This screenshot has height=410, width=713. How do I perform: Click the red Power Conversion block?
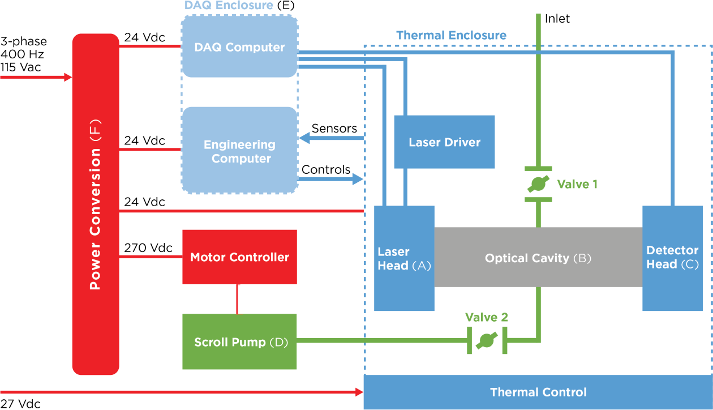pyautogui.click(x=96, y=204)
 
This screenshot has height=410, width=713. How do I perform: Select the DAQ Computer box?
pyautogui.click(x=239, y=48)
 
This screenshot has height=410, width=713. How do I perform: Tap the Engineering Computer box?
pyautogui.click(x=239, y=151)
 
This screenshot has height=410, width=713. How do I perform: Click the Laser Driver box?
pyautogui.click(x=444, y=142)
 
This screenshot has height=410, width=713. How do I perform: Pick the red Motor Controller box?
pyautogui.click(x=239, y=257)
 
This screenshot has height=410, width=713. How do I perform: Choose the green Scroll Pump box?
pyautogui.click(x=239, y=342)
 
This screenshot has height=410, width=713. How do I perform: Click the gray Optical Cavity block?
pyautogui.click(x=538, y=258)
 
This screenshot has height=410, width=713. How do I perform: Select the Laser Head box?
pyautogui.click(x=404, y=258)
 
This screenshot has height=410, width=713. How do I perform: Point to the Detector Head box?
pyautogui.click(x=672, y=258)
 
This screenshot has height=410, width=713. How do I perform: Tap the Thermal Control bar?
pyautogui.click(x=538, y=392)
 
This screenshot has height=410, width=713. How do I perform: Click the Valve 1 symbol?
pyautogui.click(x=538, y=184)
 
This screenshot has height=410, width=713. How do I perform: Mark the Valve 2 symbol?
pyautogui.click(x=487, y=340)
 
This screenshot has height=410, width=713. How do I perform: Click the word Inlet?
pyautogui.click(x=557, y=19)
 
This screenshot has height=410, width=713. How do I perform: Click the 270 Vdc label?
pyautogui.click(x=148, y=248)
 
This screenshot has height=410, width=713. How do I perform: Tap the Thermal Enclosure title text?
pyautogui.click(x=451, y=35)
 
